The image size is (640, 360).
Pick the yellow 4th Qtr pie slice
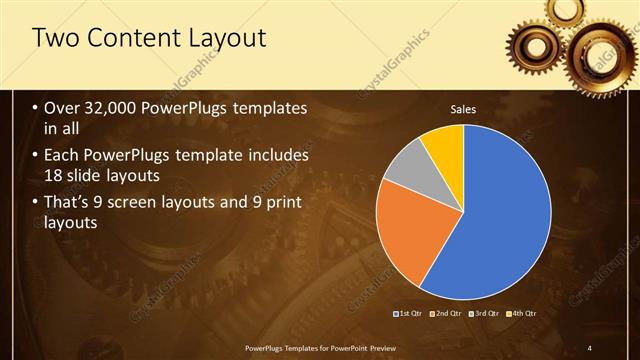tap(443, 145)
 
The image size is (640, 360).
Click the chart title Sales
tap(462, 108)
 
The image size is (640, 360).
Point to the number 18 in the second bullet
tap(55, 178)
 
